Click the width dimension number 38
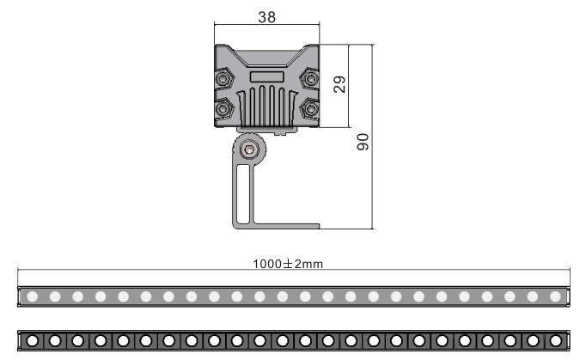[266, 17]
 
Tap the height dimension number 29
[339, 84]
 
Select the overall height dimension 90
[363, 141]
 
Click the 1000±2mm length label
[288, 264]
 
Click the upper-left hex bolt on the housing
[223, 78]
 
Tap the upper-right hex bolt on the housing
[311, 78]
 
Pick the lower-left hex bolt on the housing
[223, 109]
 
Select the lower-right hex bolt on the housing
[311, 109]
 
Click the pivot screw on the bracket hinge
[248, 149]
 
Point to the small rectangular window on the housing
[267, 77]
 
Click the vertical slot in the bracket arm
[243, 194]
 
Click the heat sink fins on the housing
[267, 107]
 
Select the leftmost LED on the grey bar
[33, 296]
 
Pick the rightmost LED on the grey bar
[555, 296]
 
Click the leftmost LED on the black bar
[33, 341]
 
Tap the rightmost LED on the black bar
[555, 341]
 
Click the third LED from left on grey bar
[78, 296]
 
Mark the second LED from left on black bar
[55, 341]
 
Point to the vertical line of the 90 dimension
[372, 137]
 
